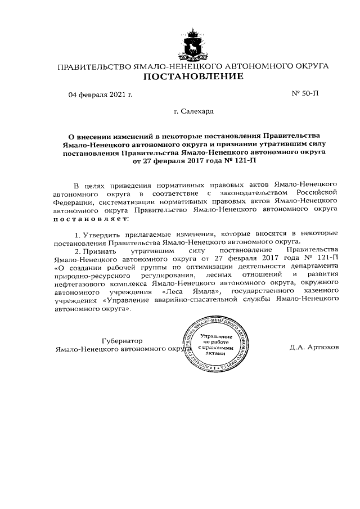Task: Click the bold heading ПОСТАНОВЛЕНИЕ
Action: (x=193, y=76)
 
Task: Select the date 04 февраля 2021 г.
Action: (x=100, y=94)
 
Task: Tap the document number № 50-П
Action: (x=305, y=93)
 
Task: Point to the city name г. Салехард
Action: (x=193, y=111)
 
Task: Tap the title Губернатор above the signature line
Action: (x=122, y=341)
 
